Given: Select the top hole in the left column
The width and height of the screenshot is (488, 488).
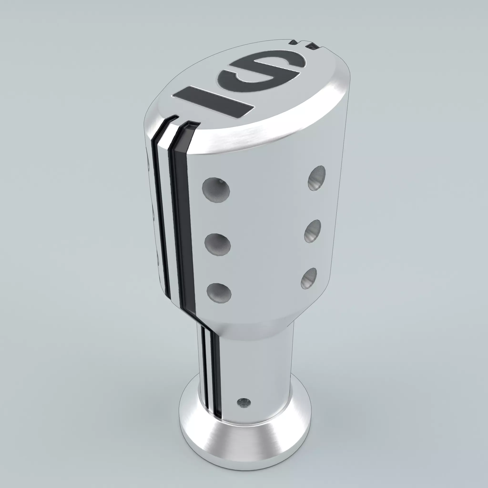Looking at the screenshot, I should click(x=216, y=190).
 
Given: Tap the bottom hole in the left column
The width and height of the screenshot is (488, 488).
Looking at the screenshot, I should click(x=219, y=293).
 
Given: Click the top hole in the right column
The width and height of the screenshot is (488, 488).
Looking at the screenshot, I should click(x=317, y=178).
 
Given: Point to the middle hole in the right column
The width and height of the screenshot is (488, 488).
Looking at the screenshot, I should click(x=313, y=231).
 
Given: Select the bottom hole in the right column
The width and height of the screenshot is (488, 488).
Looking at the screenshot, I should click(x=309, y=278).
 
